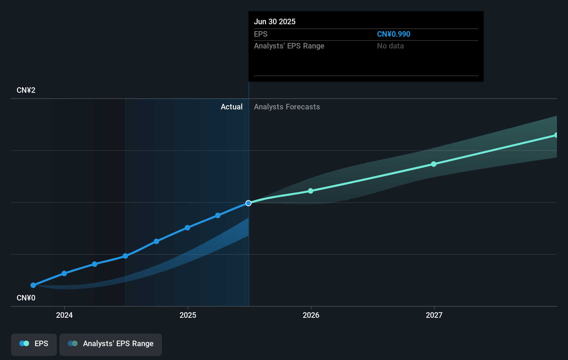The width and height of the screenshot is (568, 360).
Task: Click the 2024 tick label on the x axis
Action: [64, 315]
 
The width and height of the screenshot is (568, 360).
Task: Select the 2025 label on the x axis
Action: [188, 315]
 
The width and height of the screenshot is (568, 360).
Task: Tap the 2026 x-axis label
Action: [311, 315]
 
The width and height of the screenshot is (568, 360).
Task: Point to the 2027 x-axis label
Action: [434, 315]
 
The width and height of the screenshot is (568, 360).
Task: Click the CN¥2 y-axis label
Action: [26, 90]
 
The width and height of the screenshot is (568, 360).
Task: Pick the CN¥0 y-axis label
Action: [26, 298]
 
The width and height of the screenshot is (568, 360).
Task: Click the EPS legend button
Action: [34, 344]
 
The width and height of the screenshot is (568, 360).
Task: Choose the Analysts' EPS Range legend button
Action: [111, 344]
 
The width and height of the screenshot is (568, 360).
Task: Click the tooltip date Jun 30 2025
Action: [275, 22]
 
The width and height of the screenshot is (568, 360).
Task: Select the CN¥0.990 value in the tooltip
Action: [394, 34]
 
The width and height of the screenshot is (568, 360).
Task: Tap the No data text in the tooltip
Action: [390, 46]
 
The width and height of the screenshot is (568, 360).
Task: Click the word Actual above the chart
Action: [231, 107]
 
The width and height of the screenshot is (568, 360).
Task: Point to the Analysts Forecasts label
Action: [287, 107]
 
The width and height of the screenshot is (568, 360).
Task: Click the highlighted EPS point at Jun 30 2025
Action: [248, 203]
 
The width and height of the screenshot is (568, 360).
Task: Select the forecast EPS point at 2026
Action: [311, 191]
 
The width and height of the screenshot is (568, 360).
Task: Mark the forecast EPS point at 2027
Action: [434, 164]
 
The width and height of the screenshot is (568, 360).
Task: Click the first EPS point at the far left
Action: [33, 285]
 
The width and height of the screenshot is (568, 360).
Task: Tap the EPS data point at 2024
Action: [64, 273]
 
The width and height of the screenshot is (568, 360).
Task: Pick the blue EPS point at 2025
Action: [187, 228]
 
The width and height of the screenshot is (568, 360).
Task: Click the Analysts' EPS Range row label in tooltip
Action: [289, 46]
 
